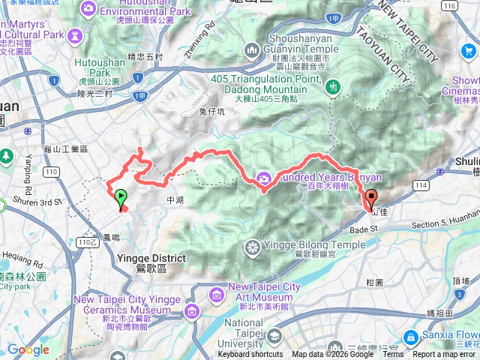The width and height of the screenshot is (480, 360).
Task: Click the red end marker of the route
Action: click(370, 199)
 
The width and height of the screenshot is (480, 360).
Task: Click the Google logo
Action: click(28, 349)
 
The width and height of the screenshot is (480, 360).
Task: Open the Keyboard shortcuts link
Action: click(250, 355)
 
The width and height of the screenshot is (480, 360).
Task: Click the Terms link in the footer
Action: click(393, 355)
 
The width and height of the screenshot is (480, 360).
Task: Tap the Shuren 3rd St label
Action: click(40, 202)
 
